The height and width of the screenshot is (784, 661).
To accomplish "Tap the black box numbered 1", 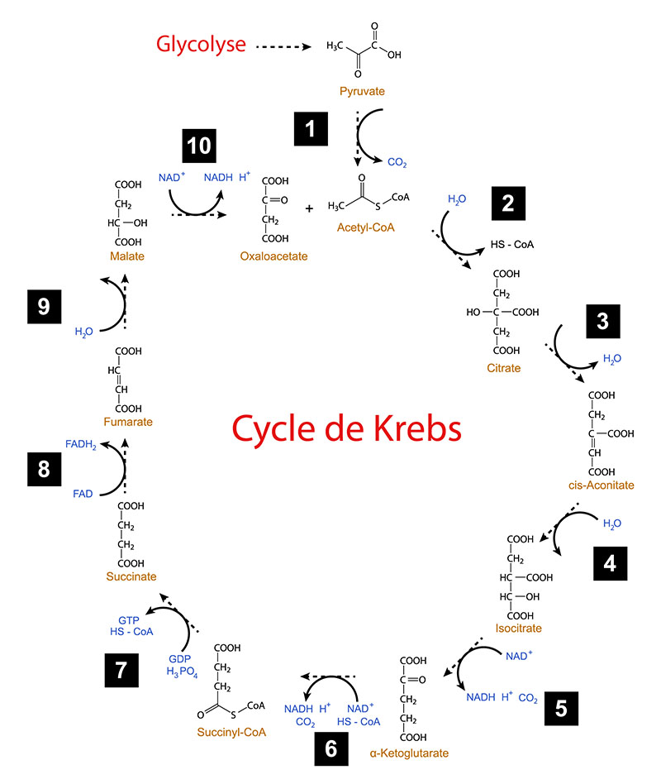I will [x=310, y=128].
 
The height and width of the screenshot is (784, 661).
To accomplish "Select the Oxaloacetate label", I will [x=273, y=256].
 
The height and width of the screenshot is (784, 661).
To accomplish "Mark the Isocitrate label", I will [x=520, y=629].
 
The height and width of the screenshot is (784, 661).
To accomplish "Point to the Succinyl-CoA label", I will [x=231, y=732].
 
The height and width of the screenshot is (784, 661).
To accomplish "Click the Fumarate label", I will [x=128, y=422].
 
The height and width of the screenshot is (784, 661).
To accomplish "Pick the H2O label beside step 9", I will [x=83, y=332].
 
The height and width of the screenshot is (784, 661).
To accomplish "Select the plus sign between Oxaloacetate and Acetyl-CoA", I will [x=310, y=208].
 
